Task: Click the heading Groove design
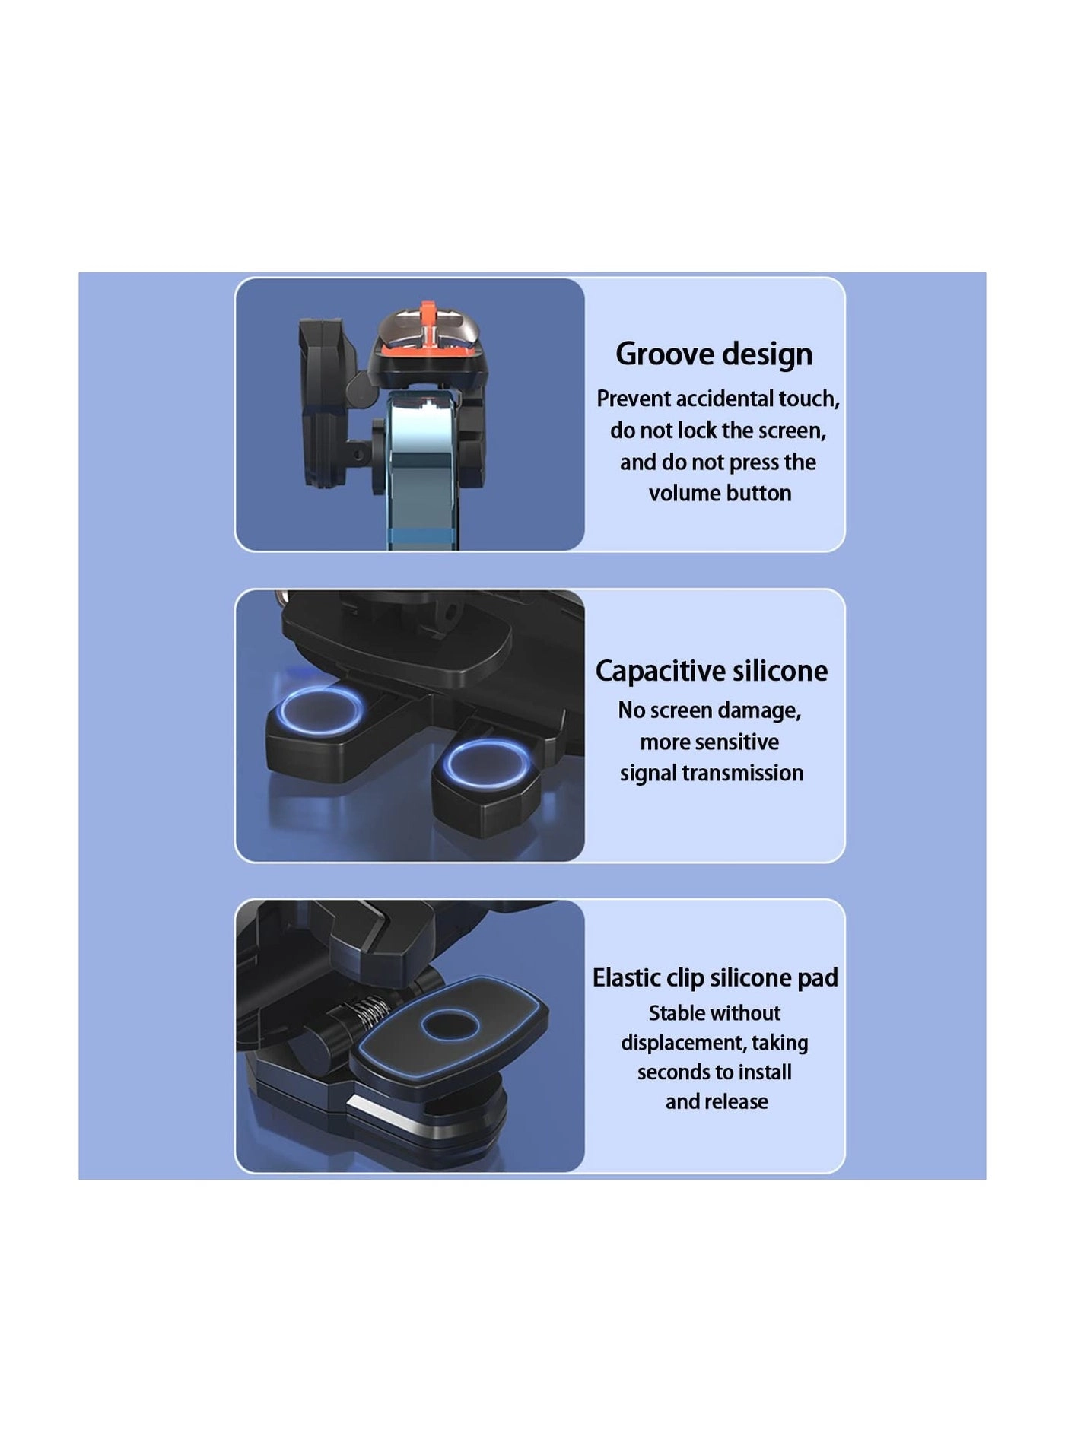pos(714,354)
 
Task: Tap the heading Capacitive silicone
pos(711,671)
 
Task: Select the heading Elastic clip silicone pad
pos(715,977)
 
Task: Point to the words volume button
pos(720,494)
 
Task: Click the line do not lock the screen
pos(718,431)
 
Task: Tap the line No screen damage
pos(709,710)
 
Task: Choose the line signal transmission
pos(711,774)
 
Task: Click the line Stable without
pos(714,1013)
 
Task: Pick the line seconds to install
pos(714,1072)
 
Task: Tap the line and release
pos(717,1102)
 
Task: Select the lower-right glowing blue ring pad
pos(486,763)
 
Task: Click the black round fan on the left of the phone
pos(323,403)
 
